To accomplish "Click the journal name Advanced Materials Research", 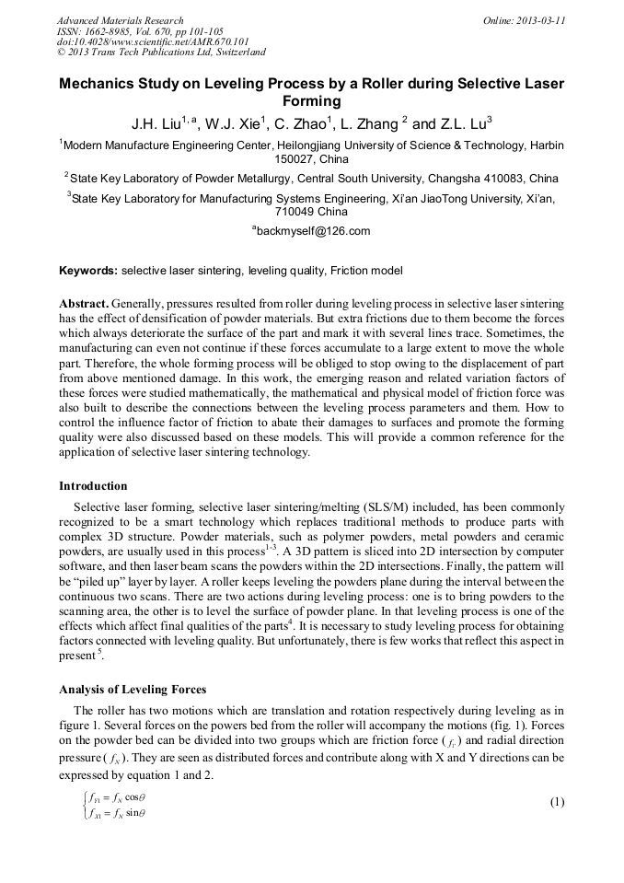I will [120, 20].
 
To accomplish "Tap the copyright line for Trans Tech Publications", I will [161, 52].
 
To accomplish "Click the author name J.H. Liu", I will [156, 122].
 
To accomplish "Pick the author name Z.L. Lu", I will [464, 122].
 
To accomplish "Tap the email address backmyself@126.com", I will [313, 231].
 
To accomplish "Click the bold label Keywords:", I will [88, 271].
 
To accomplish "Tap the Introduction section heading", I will [93, 485].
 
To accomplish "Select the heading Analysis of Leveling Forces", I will [133, 690].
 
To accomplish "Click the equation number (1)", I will [556, 802].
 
